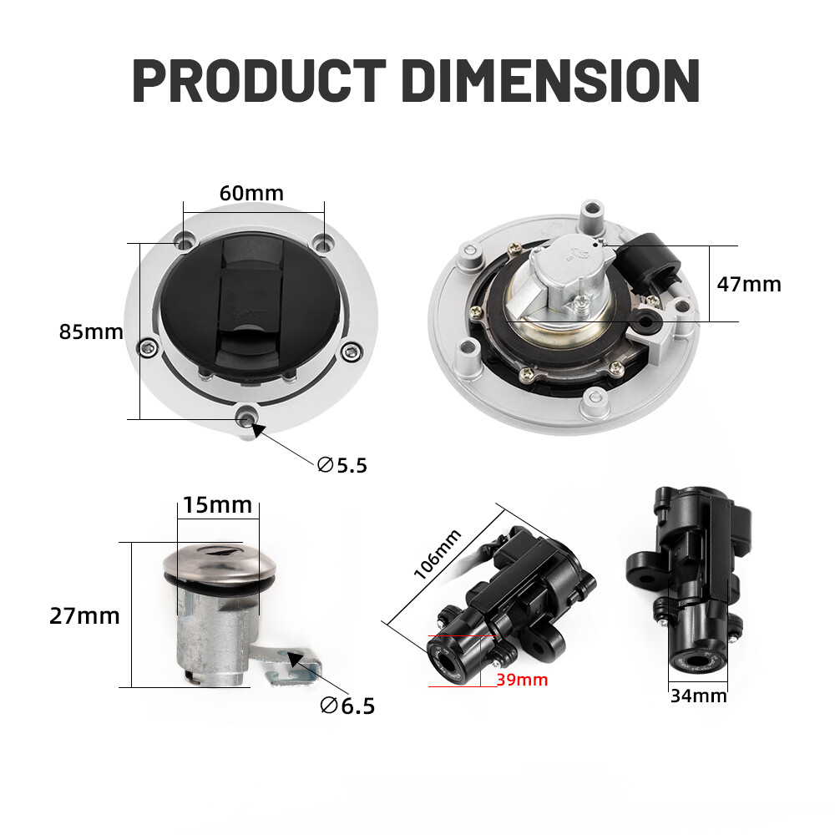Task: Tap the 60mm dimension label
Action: click(x=251, y=192)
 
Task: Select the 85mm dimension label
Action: click(x=90, y=331)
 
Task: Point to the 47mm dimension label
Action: click(x=748, y=284)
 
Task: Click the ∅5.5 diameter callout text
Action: click(x=342, y=465)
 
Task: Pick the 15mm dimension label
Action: click(x=217, y=504)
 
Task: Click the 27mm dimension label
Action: click(x=84, y=616)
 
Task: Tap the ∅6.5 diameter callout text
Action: click(x=347, y=706)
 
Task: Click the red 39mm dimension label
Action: click(x=522, y=680)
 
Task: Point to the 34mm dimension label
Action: click(x=699, y=695)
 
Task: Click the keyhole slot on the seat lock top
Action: click(x=219, y=549)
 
